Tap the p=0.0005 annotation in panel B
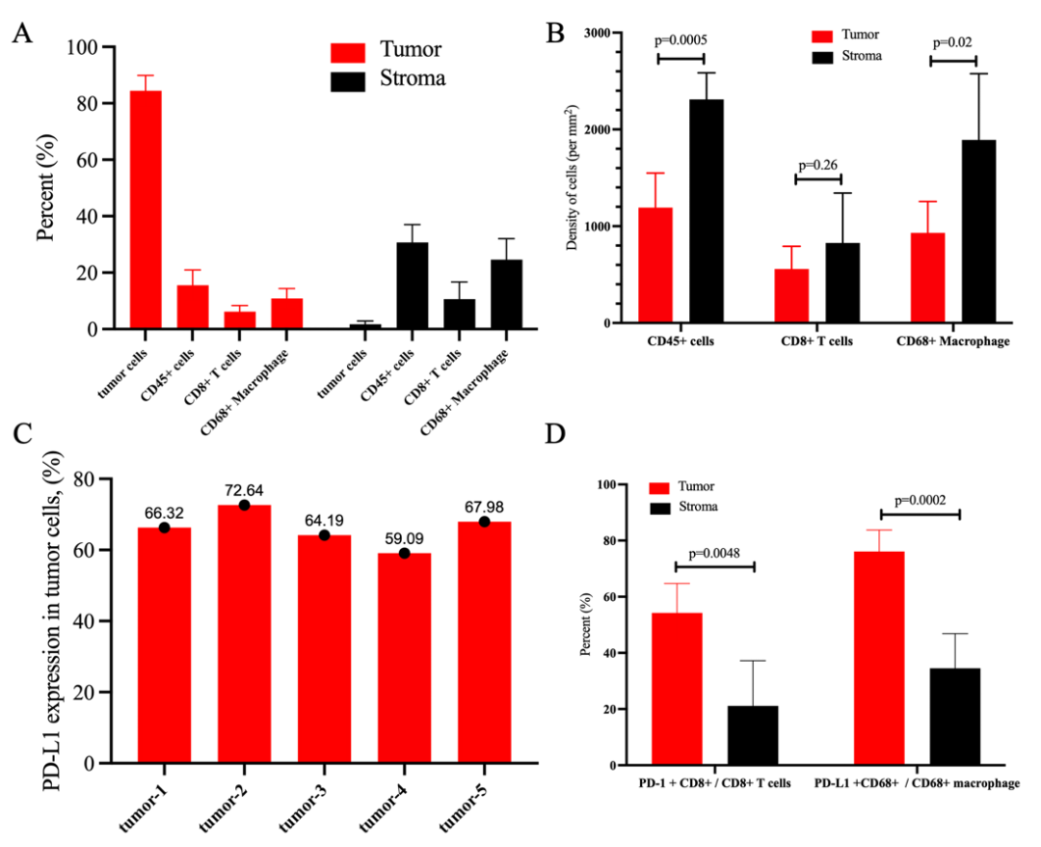pyautogui.click(x=681, y=41)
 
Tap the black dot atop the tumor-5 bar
pyautogui.click(x=484, y=522)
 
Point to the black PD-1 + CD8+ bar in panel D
pyautogui.click(x=753, y=735)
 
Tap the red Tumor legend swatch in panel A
pyautogui.click(x=348, y=50)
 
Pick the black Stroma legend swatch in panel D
pyautogui.click(x=662, y=506)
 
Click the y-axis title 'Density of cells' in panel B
pyautogui.click(x=572, y=178)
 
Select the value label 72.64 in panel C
pyautogui.click(x=244, y=489)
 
